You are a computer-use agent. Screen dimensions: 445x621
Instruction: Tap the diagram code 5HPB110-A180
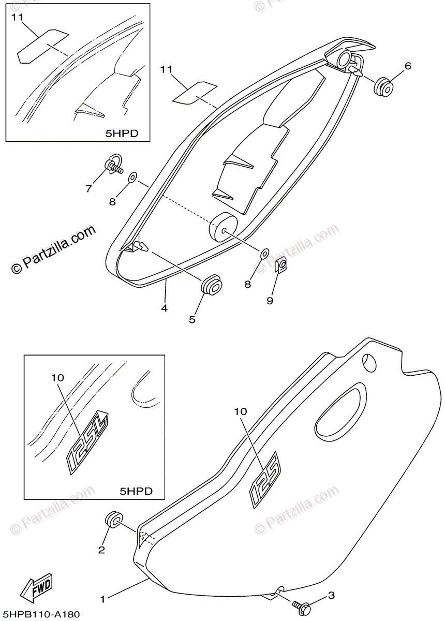coord(41,614)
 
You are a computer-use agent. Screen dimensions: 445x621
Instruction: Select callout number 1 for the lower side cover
coord(103,599)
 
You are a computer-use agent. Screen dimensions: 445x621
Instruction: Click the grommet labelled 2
coord(114,520)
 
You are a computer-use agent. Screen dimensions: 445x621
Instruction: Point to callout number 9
coord(270,300)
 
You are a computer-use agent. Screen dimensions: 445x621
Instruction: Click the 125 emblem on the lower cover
coord(265,478)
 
